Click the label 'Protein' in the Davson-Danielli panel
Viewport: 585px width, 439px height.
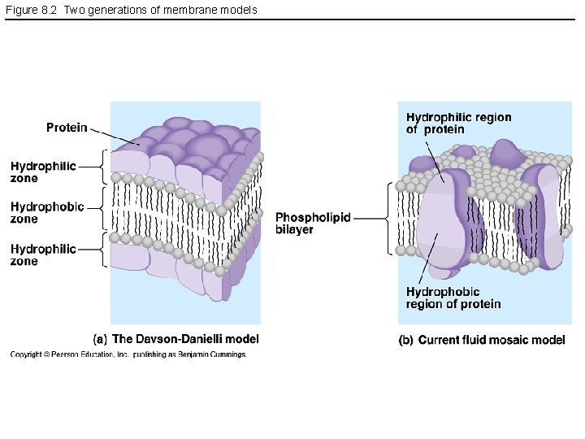pyautogui.click(x=67, y=128)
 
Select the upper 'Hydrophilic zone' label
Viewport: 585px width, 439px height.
pyautogui.click(x=43, y=172)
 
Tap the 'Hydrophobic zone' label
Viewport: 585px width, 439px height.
pyautogui.click(x=47, y=213)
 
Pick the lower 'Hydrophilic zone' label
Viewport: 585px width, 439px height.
pyautogui.click(x=43, y=255)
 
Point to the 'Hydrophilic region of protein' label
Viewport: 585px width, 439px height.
pyautogui.click(x=458, y=124)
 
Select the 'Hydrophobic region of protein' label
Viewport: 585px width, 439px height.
pyautogui.click(x=453, y=298)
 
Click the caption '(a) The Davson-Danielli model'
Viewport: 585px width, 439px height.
pyautogui.click(x=176, y=339)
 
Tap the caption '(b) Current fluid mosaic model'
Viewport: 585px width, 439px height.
pyautogui.click(x=481, y=341)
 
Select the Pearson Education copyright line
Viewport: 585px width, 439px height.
pyautogui.click(x=128, y=354)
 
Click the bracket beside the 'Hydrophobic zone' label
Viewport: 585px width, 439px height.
pyautogui.click(x=103, y=208)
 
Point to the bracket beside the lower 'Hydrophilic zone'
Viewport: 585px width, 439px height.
pyautogui.click(x=103, y=249)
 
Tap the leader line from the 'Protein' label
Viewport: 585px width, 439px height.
pyautogui.click(x=113, y=137)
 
